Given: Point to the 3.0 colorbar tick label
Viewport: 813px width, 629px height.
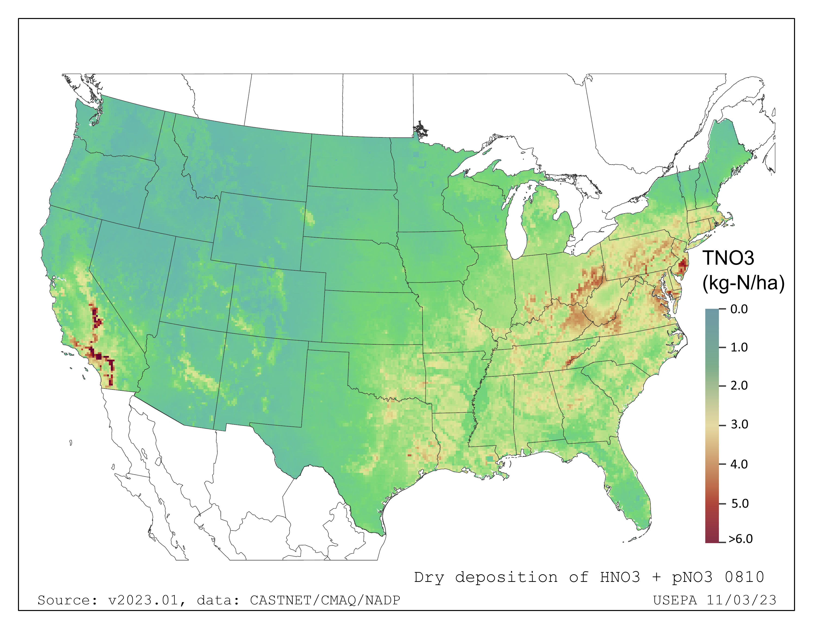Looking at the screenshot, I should [739, 425].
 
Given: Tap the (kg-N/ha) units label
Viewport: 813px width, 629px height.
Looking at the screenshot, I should [743, 283].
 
